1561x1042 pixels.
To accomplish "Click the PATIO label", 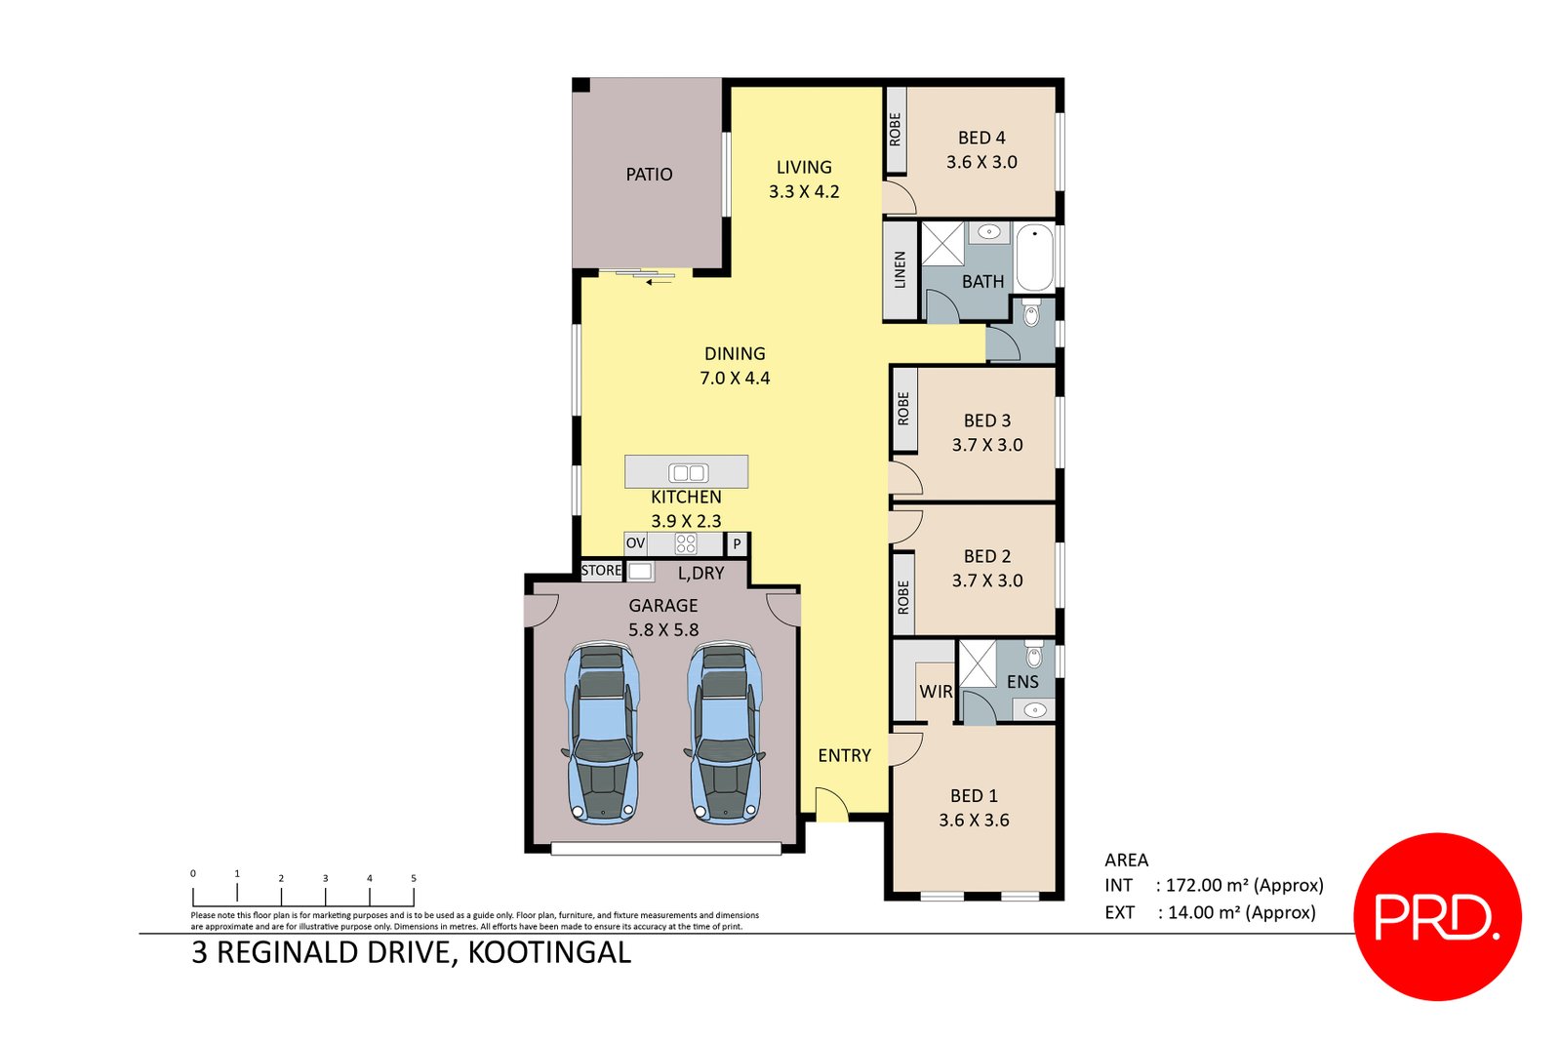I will tap(649, 175).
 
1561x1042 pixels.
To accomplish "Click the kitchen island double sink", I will tap(688, 473).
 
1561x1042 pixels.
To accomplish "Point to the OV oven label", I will tap(635, 543).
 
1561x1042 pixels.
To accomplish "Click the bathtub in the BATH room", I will tap(1034, 257).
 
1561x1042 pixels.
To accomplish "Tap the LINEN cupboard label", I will tap(900, 270).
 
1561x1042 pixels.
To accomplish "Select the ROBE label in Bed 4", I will tap(895, 130).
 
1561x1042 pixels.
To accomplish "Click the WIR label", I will tap(936, 691).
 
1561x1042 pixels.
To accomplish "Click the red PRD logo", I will tap(1437, 916).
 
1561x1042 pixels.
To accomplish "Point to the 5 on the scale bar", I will tap(413, 878).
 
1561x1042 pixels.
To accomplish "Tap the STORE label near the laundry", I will tap(601, 571).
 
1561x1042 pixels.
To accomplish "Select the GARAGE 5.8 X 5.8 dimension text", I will tap(663, 630).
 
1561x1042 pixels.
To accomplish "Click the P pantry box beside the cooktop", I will tap(738, 543).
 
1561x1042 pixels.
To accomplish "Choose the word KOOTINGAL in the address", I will tap(549, 952).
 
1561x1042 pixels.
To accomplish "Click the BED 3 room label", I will tap(986, 421).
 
